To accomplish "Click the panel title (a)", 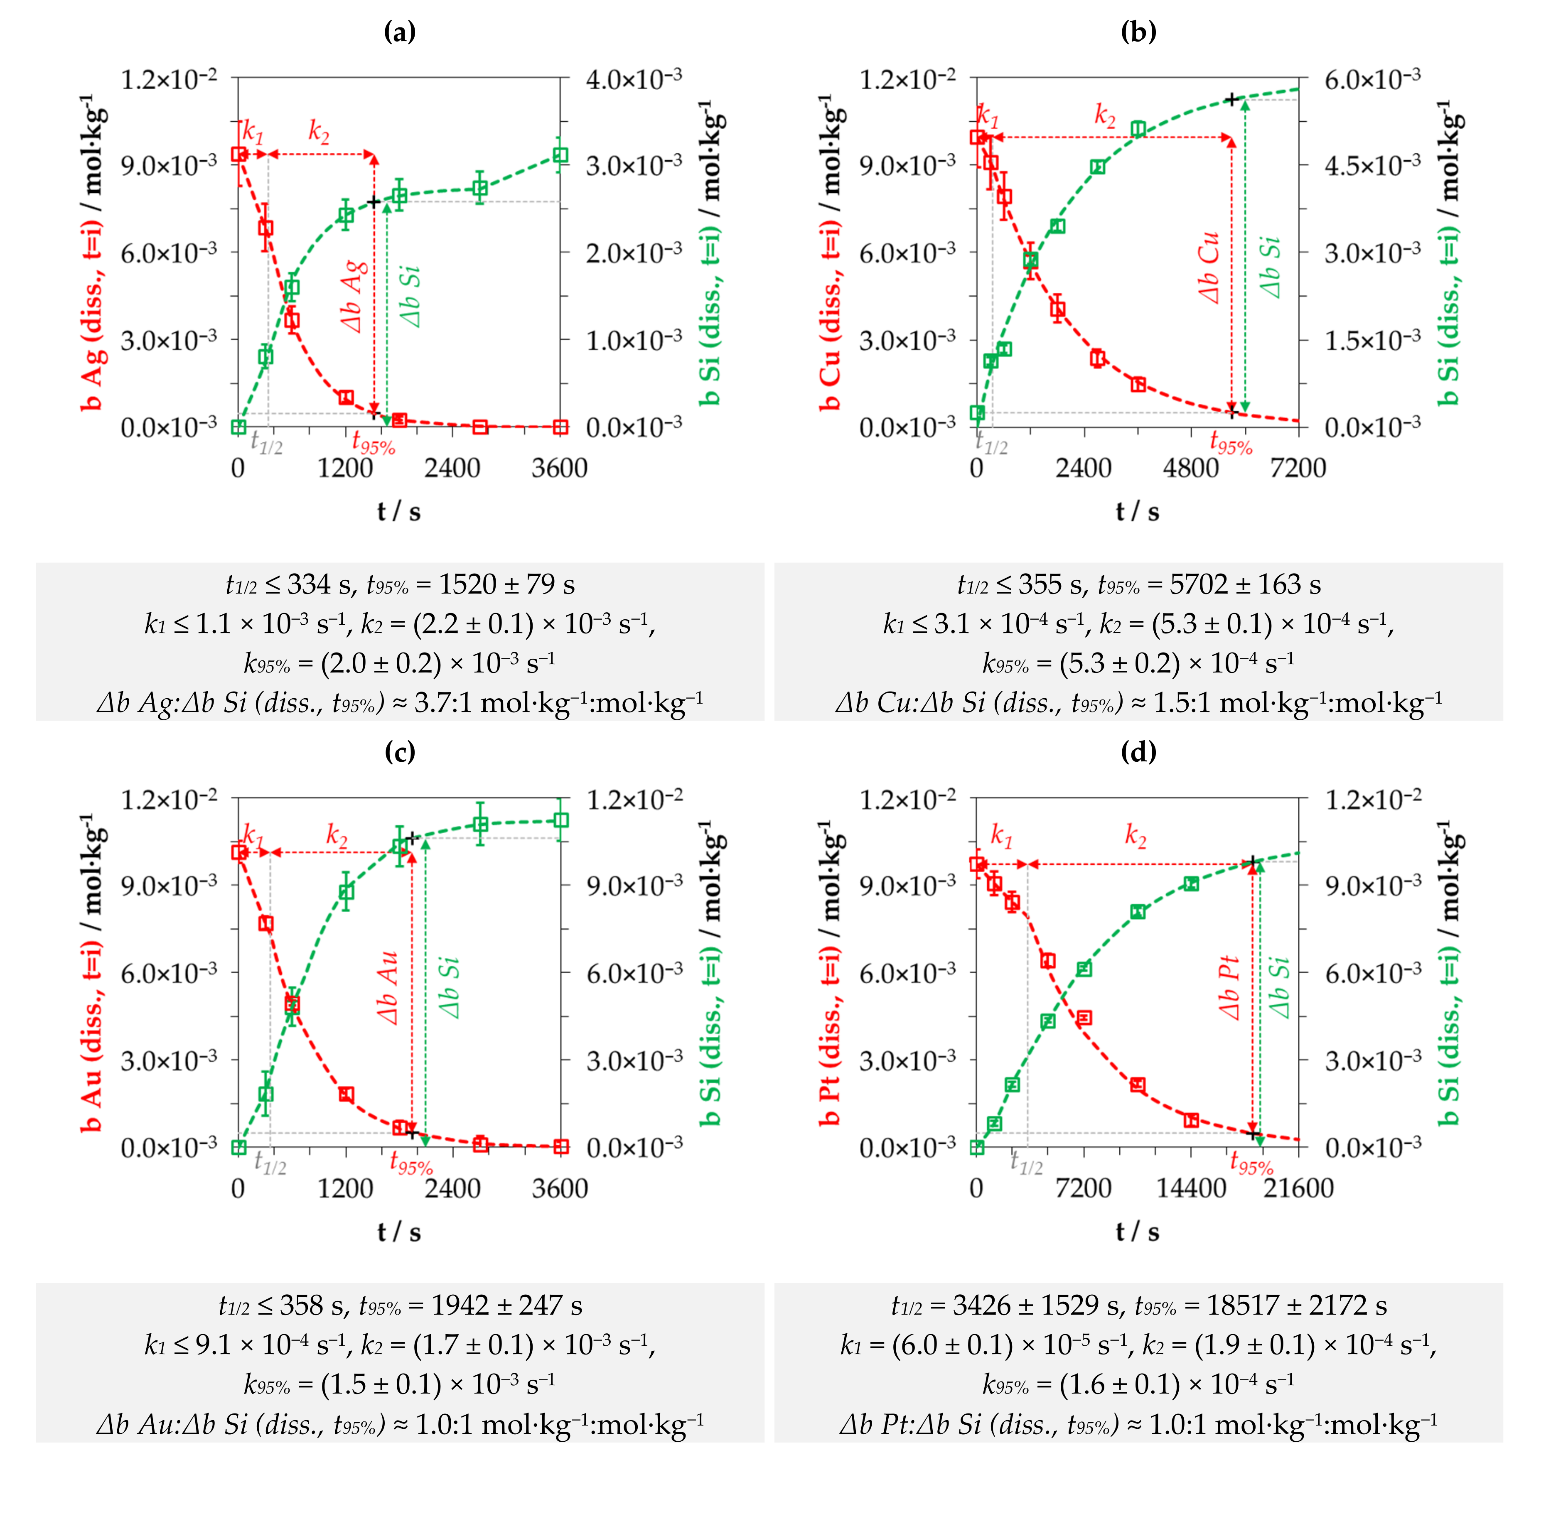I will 399,32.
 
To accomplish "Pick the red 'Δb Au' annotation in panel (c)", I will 387,987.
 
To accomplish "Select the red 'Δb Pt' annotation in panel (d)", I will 1229,987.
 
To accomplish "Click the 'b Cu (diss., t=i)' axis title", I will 830,253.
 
